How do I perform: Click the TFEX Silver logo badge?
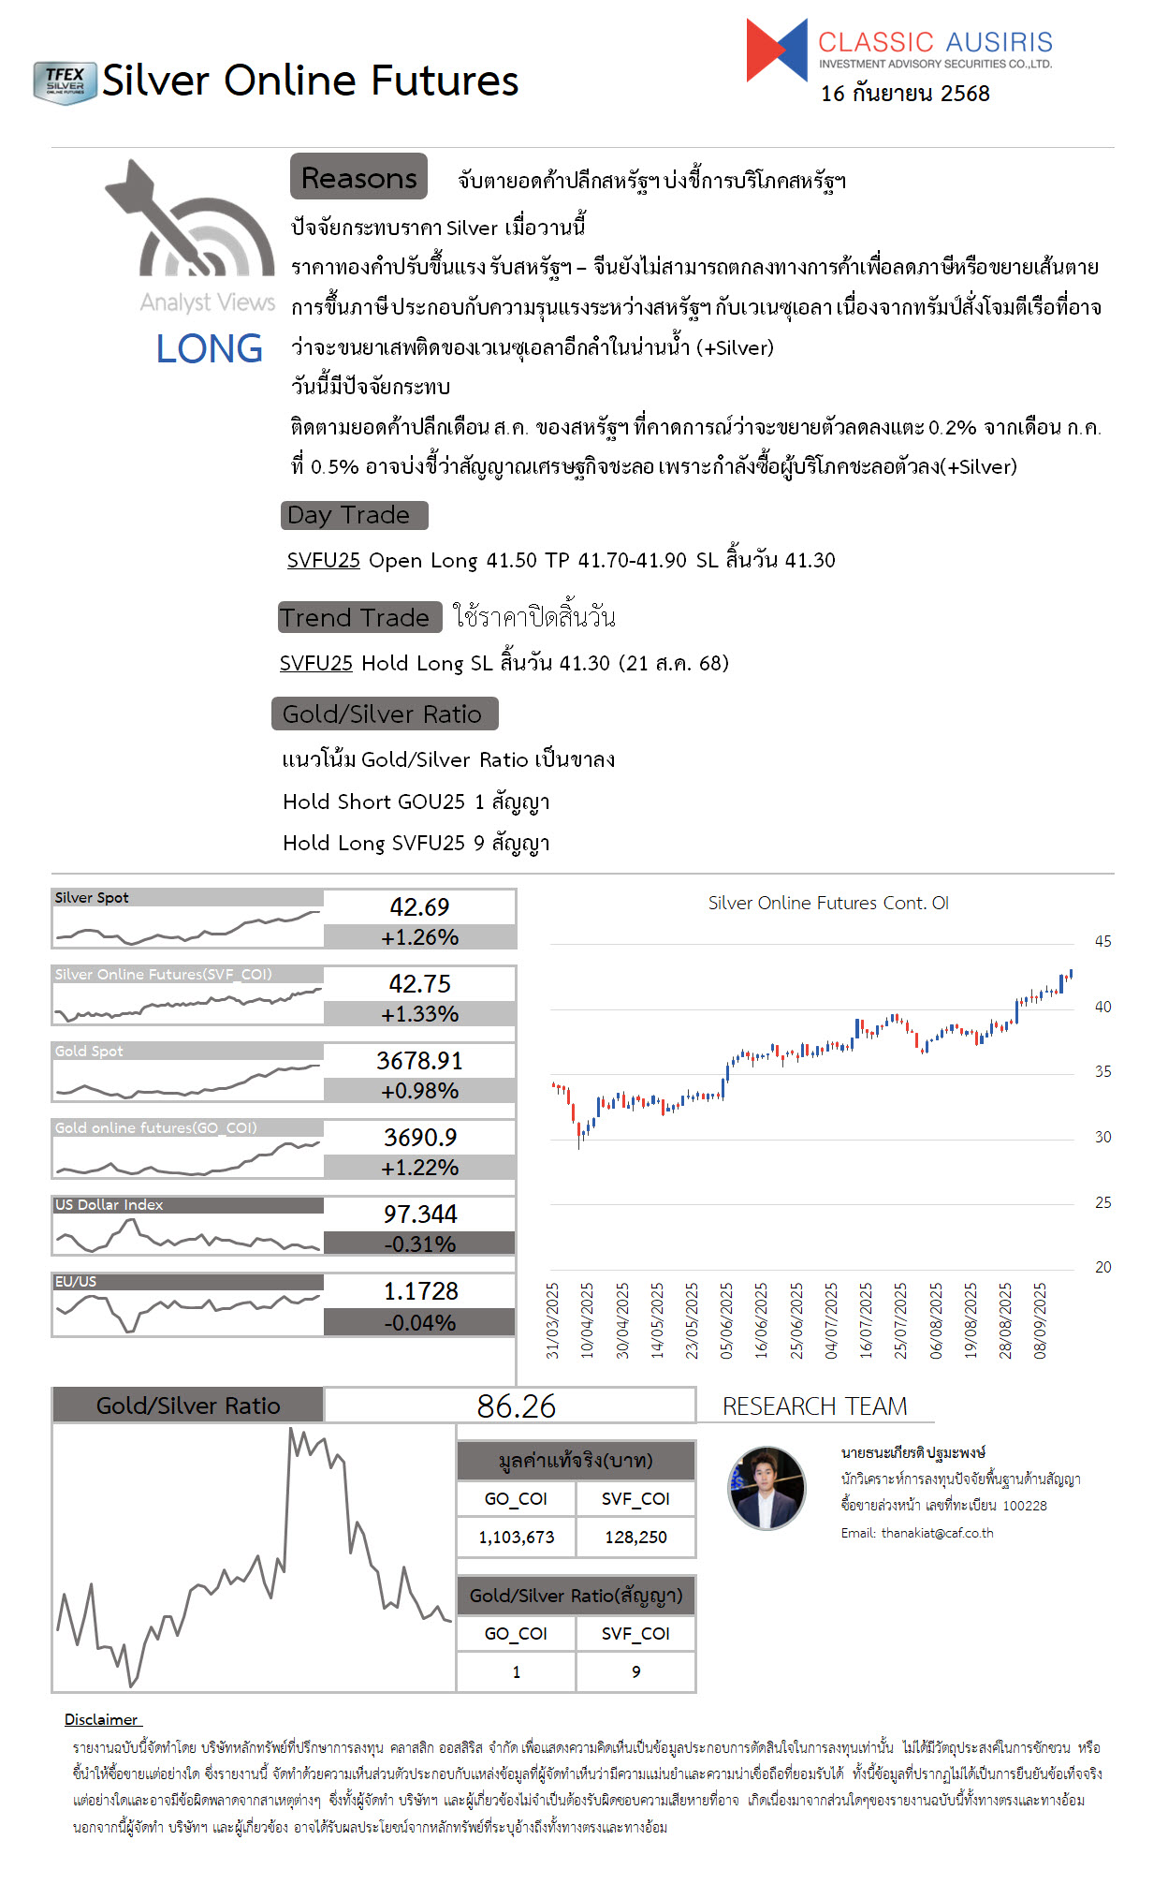[x=65, y=82]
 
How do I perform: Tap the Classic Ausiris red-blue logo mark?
[x=776, y=51]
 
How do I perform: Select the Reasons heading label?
[x=358, y=177]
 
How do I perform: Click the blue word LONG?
[x=209, y=349]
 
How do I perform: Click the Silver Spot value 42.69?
[x=419, y=906]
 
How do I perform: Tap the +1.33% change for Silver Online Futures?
[x=419, y=1014]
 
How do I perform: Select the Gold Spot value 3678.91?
[x=419, y=1060]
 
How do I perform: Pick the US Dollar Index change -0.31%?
[x=419, y=1244]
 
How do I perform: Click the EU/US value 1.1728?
[x=420, y=1291]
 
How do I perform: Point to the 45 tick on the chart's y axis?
[x=1102, y=941]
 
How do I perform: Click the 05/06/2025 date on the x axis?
[x=726, y=1320]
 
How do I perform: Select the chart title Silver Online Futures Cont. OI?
[x=828, y=903]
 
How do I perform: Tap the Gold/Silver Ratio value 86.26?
[x=516, y=1406]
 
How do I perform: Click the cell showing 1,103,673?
[x=516, y=1537]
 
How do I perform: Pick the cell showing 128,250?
[x=635, y=1537]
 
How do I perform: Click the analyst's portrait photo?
[x=766, y=1488]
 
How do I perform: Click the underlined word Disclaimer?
[x=101, y=1719]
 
